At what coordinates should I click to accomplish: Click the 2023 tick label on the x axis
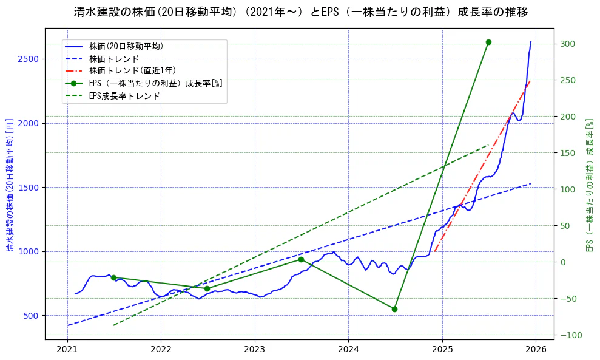point(255,349)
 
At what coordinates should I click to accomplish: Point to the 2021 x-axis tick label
point(67,349)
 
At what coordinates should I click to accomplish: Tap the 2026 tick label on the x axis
point(536,349)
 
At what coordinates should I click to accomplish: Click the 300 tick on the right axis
point(568,44)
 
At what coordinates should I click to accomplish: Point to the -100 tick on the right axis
point(570,335)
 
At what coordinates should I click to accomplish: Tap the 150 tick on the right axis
point(568,153)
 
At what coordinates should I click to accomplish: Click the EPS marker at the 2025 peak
point(488,42)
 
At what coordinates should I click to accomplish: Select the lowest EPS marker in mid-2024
point(394,309)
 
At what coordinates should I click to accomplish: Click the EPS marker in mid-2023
point(301,260)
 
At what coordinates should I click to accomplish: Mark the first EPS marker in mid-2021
point(113,277)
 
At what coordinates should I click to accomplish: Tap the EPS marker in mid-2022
point(207,288)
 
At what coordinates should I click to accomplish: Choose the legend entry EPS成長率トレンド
point(124,96)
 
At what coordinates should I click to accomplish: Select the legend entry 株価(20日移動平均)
point(126,46)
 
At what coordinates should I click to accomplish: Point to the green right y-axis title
point(588,186)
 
